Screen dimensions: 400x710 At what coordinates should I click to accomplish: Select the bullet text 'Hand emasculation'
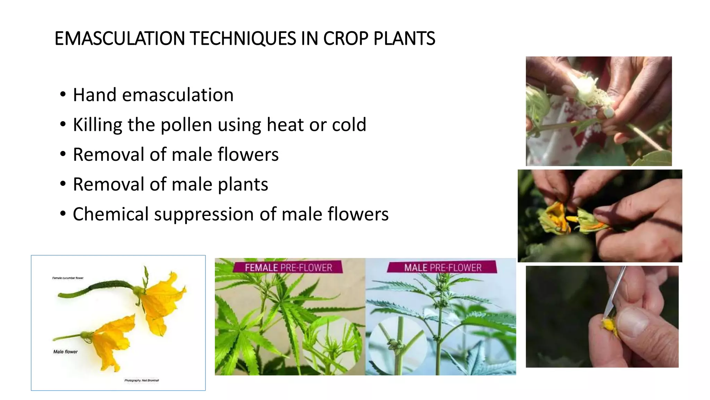point(153,95)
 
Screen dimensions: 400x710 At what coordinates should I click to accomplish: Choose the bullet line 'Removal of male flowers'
point(175,155)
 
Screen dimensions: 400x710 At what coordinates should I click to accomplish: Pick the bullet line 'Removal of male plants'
point(170,184)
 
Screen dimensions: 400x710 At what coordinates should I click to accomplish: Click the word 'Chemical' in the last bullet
point(111,214)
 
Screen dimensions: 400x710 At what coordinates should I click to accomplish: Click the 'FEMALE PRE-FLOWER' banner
point(288,268)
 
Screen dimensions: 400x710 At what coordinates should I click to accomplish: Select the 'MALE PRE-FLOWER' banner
point(442,268)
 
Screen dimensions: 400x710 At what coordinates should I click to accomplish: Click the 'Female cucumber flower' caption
point(68,278)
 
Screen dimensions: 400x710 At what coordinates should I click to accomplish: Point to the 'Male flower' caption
point(65,352)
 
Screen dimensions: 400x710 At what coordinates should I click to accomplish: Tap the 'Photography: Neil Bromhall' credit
point(141,381)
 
